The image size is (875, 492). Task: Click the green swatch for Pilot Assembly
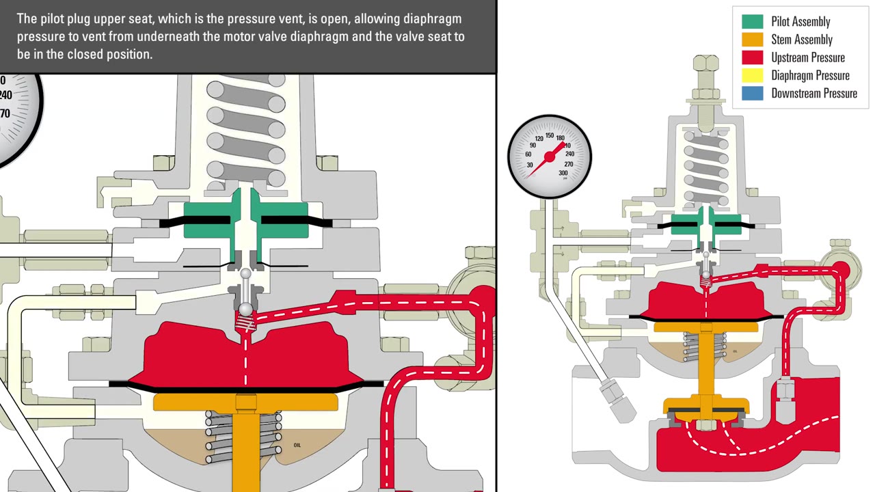coord(752,22)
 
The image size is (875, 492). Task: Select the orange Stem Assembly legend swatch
coord(752,40)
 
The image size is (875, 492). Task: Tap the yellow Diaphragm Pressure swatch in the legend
coord(752,75)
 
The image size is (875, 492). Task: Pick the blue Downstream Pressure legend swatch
coord(752,94)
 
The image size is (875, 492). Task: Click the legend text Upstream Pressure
coord(807,57)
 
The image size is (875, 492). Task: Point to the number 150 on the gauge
coord(549,135)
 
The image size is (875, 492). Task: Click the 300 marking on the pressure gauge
coord(563,173)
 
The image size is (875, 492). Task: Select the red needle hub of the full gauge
coord(548,157)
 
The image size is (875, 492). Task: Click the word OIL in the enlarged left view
coord(297,445)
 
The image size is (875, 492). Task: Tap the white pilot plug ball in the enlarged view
coord(245,275)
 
